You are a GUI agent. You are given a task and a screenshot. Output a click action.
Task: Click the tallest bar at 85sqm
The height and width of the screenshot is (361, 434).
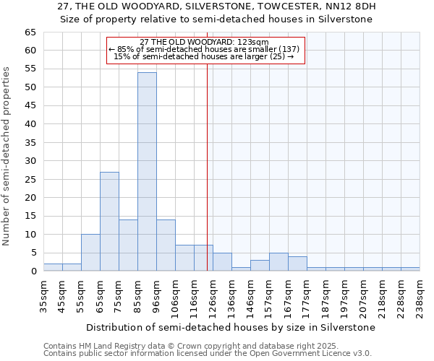[x=147, y=172]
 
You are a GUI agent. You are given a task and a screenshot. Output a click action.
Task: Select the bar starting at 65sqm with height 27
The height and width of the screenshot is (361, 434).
[x=109, y=222]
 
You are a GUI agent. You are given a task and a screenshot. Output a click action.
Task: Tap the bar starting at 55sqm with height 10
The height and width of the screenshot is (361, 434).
[x=90, y=253]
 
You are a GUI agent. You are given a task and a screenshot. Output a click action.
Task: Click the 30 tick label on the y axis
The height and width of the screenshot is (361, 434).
[x=30, y=161]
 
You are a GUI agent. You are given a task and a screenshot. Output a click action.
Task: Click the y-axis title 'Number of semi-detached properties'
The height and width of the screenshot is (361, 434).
[x=7, y=156]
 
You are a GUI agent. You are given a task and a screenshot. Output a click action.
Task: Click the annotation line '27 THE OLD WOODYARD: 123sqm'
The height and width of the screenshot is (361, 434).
[x=204, y=42]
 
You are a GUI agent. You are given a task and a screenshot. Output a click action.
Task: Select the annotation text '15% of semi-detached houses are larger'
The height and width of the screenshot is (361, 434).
[x=204, y=56]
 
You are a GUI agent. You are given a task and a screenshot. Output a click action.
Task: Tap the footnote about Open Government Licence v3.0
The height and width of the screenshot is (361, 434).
[x=208, y=353]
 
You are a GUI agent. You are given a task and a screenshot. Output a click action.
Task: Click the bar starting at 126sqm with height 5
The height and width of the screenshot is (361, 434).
[x=222, y=262]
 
